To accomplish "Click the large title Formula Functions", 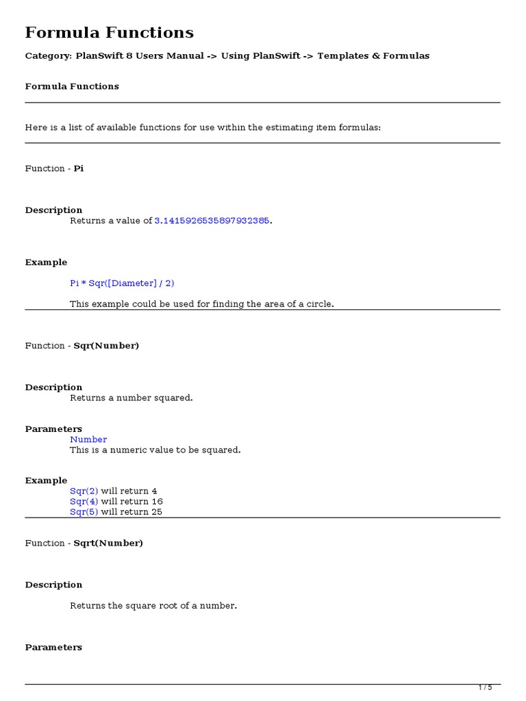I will click(x=110, y=32).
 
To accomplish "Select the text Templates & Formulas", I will click(x=373, y=56).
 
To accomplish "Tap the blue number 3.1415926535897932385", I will click(x=212, y=220).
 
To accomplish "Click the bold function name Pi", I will click(x=79, y=168).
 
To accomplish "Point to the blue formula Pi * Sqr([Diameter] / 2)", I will click(x=127, y=283).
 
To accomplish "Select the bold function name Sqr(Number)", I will click(x=106, y=346).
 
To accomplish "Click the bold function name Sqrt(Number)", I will click(x=108, y=543).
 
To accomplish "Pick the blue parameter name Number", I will click(x=88, y=439).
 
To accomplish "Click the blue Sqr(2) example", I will click(x=84, y=491).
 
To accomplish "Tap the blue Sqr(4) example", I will click(x=84, y=501).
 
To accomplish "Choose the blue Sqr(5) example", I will click(x=84, y=511).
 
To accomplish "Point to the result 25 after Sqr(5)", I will click(x=157, y=511).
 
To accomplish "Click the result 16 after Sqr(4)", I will click(x=157, y=501).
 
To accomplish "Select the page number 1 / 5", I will click(x=485, y=688).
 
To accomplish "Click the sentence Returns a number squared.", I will click(x=131, y=398).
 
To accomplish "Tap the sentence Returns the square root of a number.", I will click(x=153, y=606).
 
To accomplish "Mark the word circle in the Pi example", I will click(x=318, y=304).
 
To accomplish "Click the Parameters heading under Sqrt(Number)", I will click(x=53, y=648).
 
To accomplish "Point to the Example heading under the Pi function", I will click(x=46, y=262).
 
